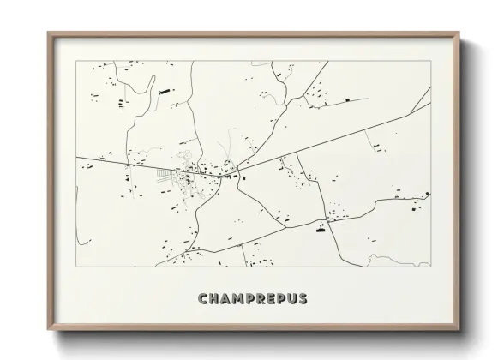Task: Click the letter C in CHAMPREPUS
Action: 202,299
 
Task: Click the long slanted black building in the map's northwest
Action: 165,90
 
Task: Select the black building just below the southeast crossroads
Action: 320,229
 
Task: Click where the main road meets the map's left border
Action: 76,157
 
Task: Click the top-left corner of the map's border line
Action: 76,62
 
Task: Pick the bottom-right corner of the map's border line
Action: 430,266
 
